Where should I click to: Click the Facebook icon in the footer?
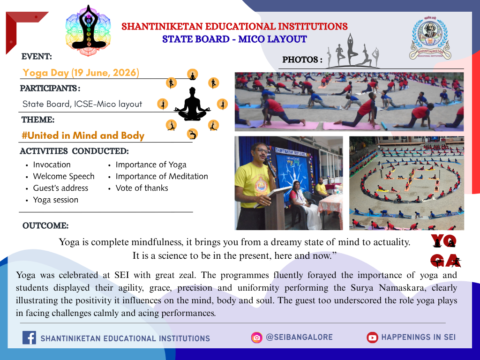[x=29, y=337]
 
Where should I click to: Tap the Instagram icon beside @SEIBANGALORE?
[x=256, y=337]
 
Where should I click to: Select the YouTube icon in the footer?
[x=372, y=337]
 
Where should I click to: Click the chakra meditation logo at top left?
[x=88, y=30]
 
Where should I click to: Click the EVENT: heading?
[x=37, y=57]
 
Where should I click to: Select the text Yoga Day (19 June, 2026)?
[x=81, y=73]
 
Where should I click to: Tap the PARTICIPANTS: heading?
[x=50, y=89]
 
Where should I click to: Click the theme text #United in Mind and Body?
[x=83, y=135]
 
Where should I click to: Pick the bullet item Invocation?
[x=52, y=165]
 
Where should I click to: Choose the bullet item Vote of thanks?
[x=142, y=188]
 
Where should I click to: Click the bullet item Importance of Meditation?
[x=162, y=176]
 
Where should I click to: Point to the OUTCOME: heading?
[x=45, y=225]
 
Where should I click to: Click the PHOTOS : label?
[x=302, y=60]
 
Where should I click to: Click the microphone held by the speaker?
[x=270, y=167]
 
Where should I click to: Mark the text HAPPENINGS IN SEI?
[x=418, y=337]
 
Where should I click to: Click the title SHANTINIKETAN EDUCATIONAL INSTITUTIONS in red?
[x=234, y=26]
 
